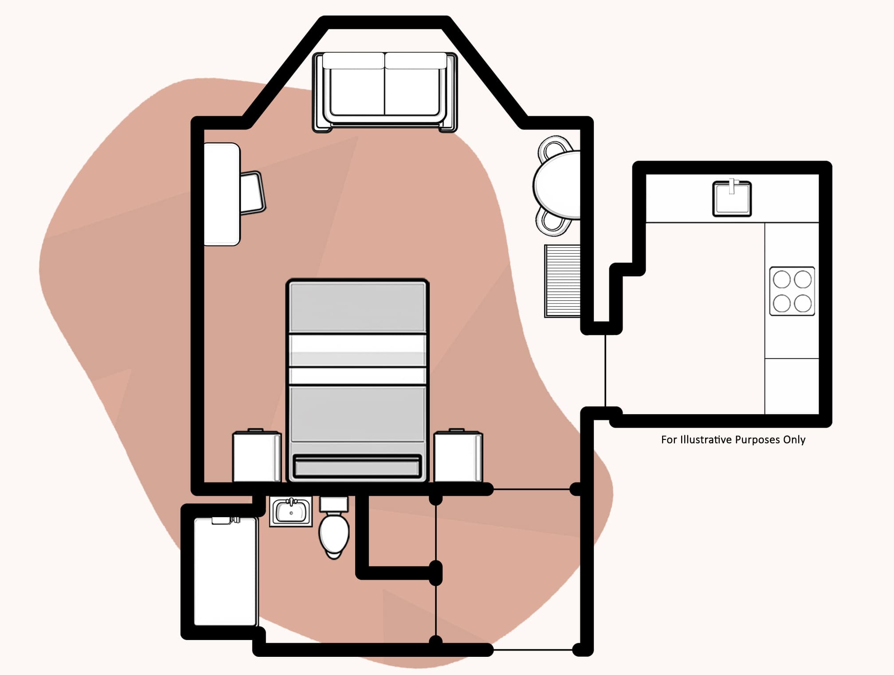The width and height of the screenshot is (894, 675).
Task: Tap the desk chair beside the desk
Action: click(252, 193)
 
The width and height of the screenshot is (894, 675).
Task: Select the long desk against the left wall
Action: click(222, 194)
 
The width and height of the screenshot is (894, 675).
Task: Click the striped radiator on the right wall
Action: click(562, 280)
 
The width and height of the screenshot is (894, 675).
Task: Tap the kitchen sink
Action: click(732, 199)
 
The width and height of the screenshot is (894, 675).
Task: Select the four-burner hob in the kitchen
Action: click(792, 291)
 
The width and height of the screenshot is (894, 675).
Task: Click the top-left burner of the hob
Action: click(782, 279)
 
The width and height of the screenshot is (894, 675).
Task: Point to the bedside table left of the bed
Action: click(257, 456)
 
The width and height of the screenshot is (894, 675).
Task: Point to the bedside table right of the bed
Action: click(458, 456)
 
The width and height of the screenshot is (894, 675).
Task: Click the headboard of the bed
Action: click(357, 467)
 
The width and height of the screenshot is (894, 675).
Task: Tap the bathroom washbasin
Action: click(291, 511)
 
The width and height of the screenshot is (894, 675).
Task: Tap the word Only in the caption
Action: click(794, 440)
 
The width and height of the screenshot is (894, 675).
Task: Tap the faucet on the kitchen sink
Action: click(732, 186)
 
